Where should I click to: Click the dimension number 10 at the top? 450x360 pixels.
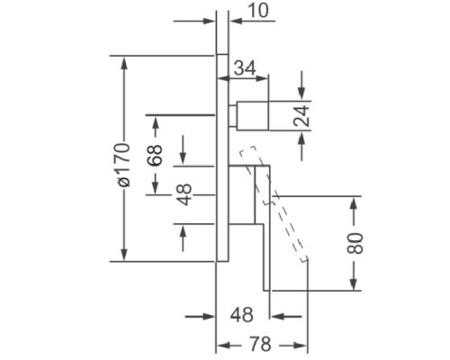pos(258,11)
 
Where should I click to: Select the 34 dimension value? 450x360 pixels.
pos(245,67)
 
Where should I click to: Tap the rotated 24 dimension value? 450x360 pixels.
pos(301,115)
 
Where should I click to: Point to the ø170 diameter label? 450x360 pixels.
pos(123,165)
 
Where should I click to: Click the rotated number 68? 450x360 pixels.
pos(155,155)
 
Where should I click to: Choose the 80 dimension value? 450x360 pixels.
pos(355,243)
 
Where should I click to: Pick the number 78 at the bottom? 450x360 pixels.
pos(260,344)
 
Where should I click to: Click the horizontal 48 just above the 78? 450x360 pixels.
pos(242,315)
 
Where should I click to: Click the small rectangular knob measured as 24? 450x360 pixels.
pos(252,116)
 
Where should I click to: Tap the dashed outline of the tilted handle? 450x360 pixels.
pos(274,204)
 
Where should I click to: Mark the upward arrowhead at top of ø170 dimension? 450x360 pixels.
pos(124,63)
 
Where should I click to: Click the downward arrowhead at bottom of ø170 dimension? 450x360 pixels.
pos(124,255)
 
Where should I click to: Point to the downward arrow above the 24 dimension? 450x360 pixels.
pos(301,85)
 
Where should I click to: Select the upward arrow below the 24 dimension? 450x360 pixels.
pos(301,147)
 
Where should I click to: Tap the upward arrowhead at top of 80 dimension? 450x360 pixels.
pos(355,203)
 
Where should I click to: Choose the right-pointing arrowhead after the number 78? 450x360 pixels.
pos(300,346)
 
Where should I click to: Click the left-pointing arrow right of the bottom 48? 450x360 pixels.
pos(286,316)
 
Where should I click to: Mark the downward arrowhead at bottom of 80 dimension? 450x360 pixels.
pos(355,283)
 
